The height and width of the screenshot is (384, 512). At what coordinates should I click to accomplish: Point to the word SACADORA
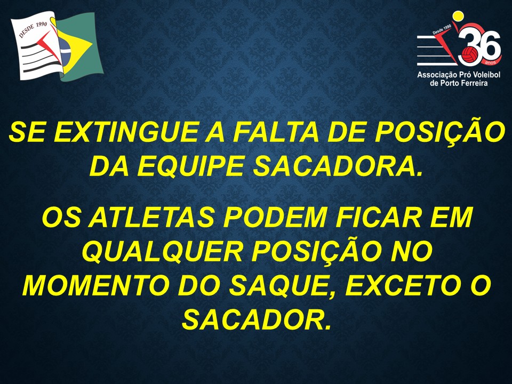click(x=336, y=165)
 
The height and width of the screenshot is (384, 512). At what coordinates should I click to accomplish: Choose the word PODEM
click(x=275, y=217)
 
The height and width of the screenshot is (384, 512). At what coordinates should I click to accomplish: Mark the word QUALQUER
click(x=162, y=251)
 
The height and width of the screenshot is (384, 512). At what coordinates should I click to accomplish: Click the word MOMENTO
click(x=94, y=285)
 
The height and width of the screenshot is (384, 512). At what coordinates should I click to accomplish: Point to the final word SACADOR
click(x=256, y=319)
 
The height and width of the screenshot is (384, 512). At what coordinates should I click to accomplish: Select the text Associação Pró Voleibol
click(x=459, y=75)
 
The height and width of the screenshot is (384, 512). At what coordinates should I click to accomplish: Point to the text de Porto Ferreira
click(x=459, y=83)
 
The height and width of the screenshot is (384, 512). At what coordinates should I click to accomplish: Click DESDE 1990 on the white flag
click(x=33, y=30)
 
